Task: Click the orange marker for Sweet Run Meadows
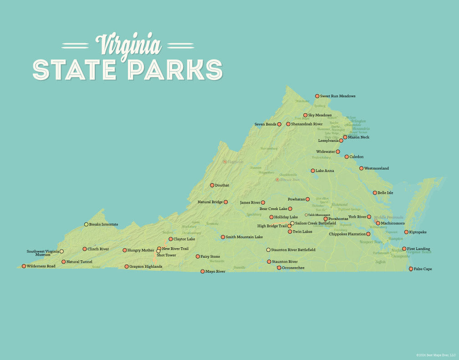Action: click(317, 96)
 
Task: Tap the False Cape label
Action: click(423, 269)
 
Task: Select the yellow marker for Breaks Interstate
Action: click(86, 224)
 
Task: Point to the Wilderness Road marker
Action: click(24, 266)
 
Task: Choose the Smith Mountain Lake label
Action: click(244, 237)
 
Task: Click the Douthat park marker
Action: click(212, 185)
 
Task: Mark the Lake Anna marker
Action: click(313, 170)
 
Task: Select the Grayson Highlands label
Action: click(146, 266)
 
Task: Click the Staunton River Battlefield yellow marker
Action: click(268, 250)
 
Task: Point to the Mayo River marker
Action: click(203, 271)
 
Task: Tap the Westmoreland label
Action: click(377, 168)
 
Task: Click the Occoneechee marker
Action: click(279, 268)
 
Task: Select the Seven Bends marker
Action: click(279, 124)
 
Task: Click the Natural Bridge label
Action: click(210, 202)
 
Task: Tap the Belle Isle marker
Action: click(375, 193)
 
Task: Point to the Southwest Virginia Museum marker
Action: click(61, 251)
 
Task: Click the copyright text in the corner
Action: click(436, 355)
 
